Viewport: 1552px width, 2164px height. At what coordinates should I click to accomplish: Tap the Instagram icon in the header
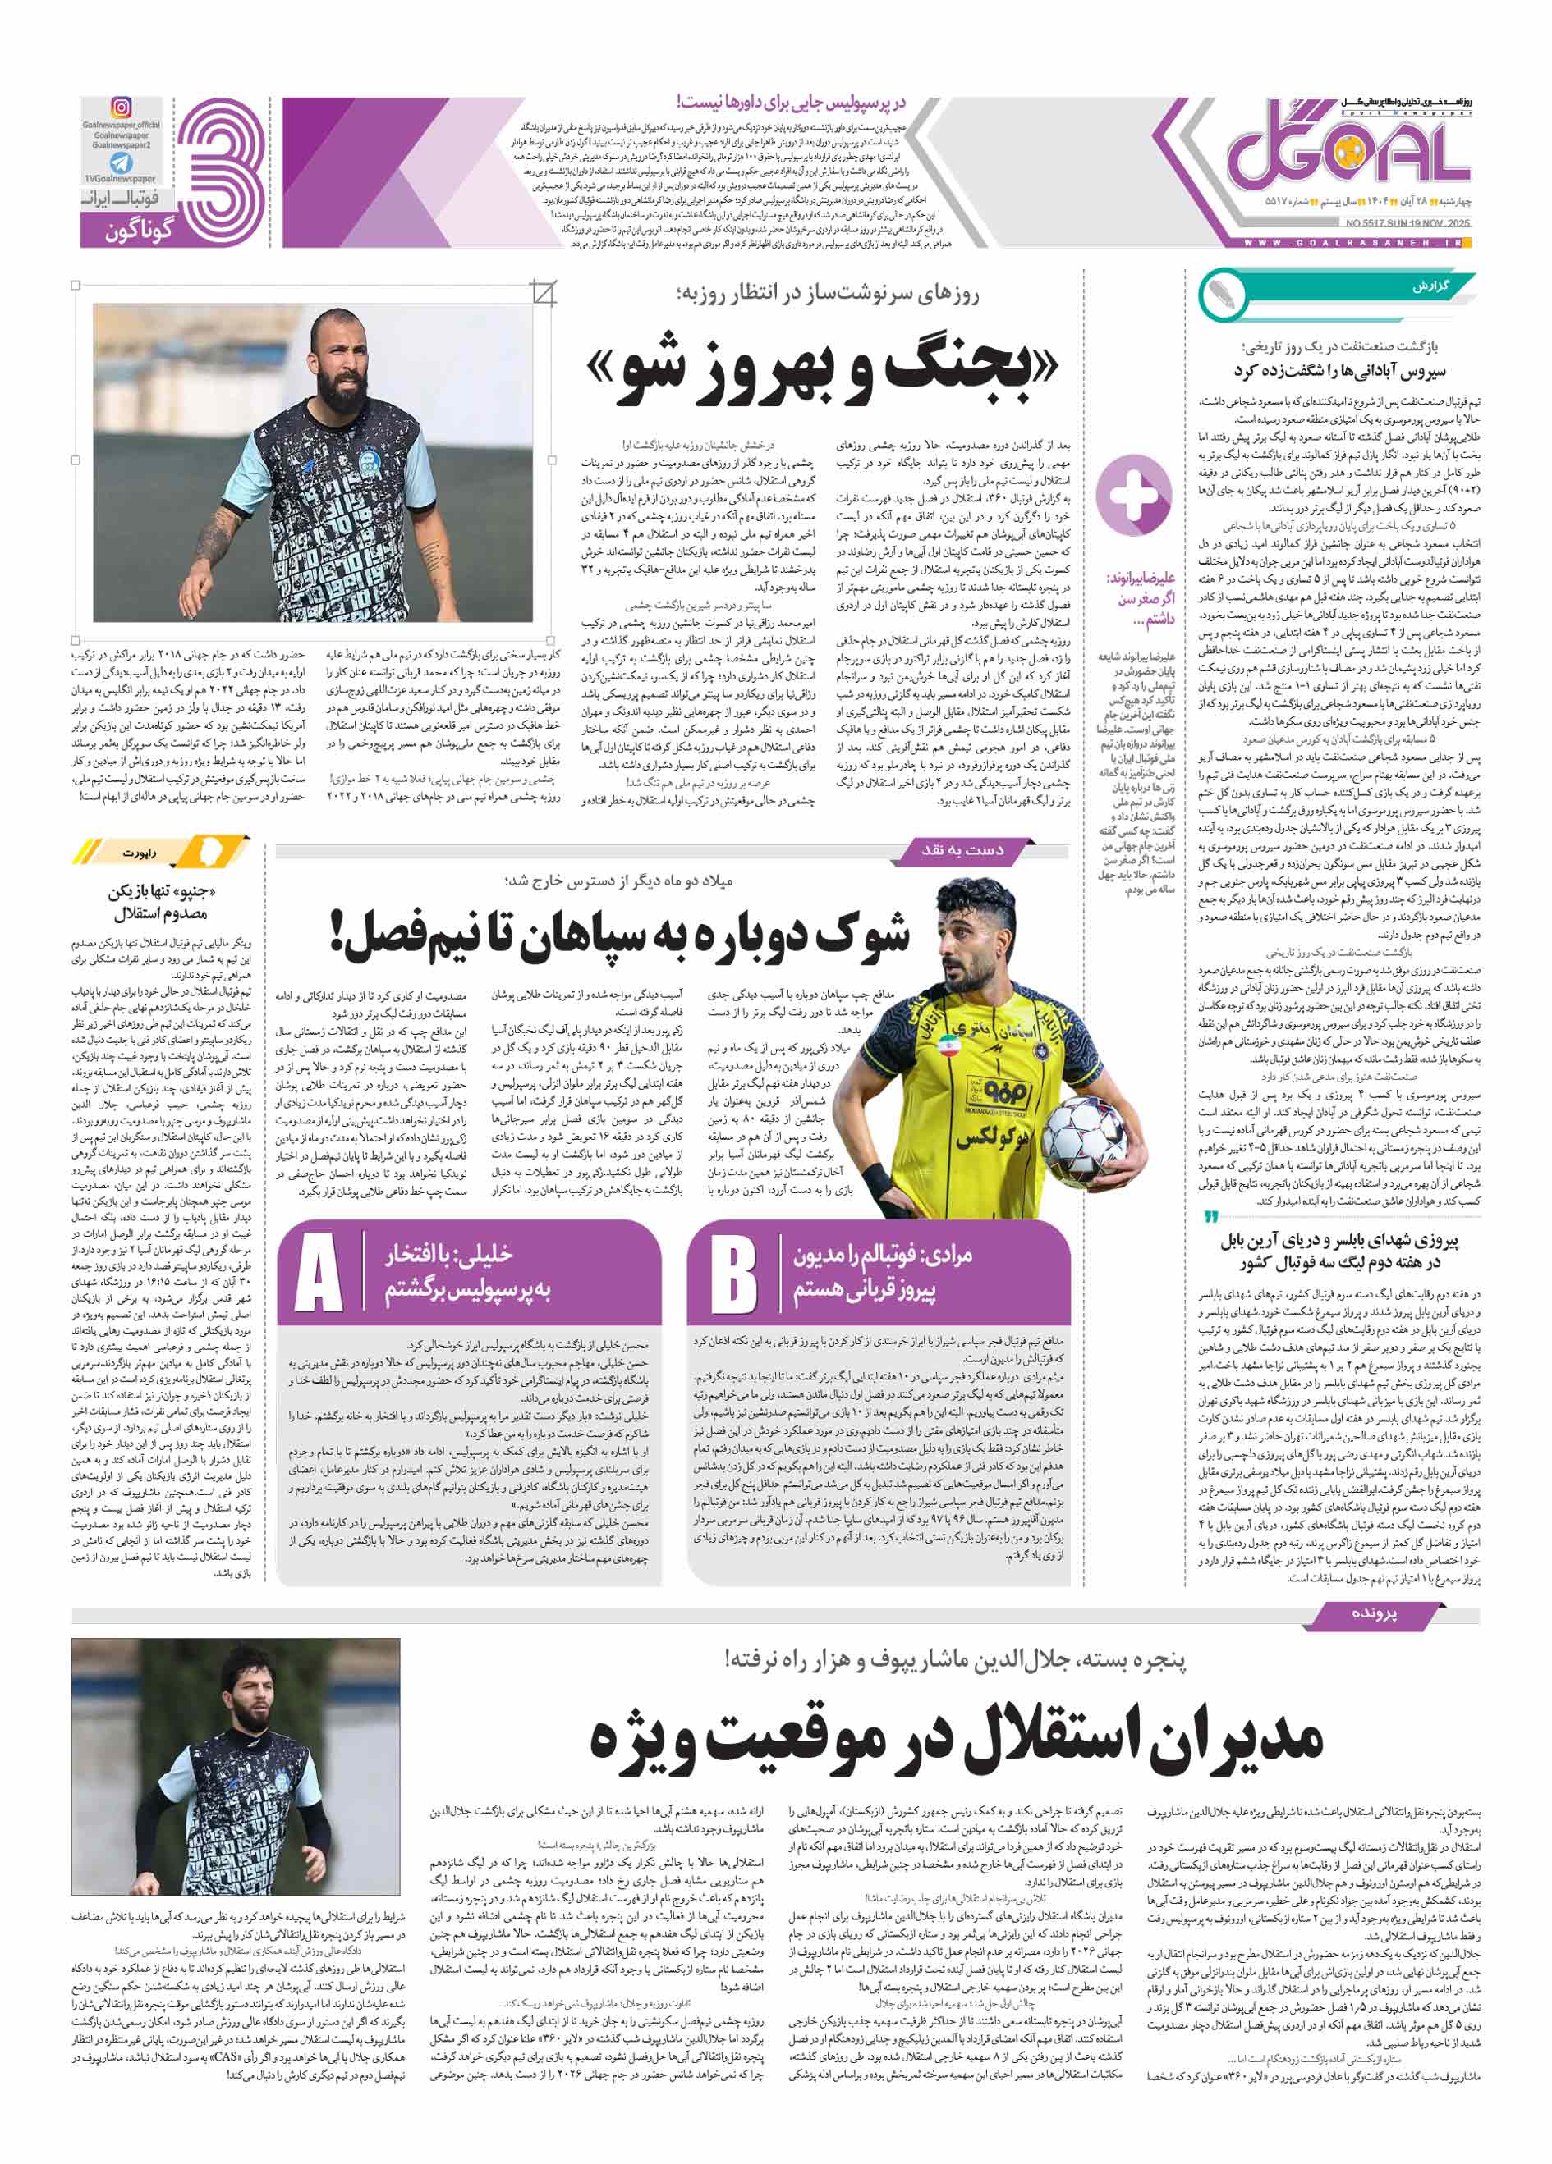pyautogui.click(x=122, y=108)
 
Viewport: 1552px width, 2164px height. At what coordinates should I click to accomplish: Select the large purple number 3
pyautogui.click(x=222, y=172)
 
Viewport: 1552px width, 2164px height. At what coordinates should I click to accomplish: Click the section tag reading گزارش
pyautogui.click(x=1429, y=286)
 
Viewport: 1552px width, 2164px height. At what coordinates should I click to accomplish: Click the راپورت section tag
pyautogui.click(x=140, y=853)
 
